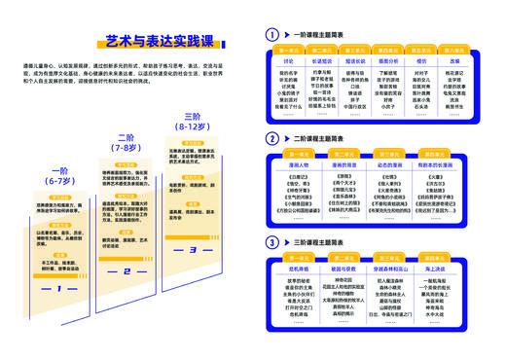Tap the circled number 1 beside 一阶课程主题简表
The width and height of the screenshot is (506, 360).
click(x=272, y=35)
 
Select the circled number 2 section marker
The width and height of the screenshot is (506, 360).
click(x=272, y=139)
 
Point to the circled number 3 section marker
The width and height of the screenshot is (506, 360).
click(x=272, y=240)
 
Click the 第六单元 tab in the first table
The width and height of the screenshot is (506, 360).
click(x=455, y=50)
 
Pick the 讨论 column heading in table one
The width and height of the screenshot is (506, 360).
click(x=288, y=60)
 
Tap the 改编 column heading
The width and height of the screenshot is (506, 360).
click(x=455, y=60)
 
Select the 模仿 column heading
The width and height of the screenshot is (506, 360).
click(x=421, y=60)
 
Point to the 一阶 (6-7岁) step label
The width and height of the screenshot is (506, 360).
click(x=60, y=175)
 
